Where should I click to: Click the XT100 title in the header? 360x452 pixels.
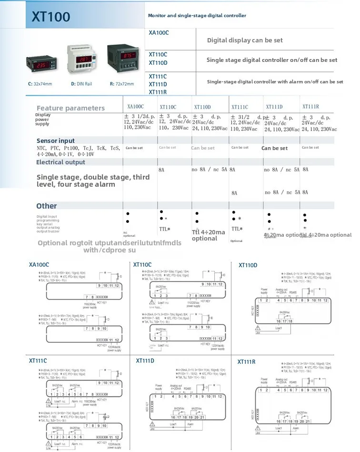click(51, 17)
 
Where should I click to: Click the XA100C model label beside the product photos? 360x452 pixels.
click(159, 32)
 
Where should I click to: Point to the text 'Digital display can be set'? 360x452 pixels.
click(245, 40)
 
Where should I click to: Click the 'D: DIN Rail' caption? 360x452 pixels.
click(81, 84)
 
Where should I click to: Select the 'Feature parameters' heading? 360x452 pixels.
click(70, 108)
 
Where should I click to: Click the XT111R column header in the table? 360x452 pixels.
click(310, 107)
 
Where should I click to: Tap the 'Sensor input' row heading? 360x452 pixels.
click(56, 141)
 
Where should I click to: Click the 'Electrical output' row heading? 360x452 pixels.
click(60, 162)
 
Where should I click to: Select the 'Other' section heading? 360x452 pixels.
click(47, 206)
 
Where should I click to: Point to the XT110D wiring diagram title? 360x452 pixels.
click(248, 265)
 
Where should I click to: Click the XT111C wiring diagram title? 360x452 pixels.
click(38, 361)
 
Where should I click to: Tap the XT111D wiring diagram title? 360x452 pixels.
click(145, 361)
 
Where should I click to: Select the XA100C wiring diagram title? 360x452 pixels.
click(39, 264)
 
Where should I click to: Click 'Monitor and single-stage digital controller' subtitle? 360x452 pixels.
click(197, 16)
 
